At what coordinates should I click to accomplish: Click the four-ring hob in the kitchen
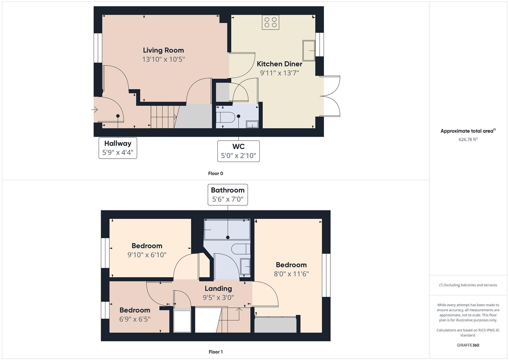(270, 22)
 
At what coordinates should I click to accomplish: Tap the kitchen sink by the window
(309, 51)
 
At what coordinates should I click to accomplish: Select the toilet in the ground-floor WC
(225, 117)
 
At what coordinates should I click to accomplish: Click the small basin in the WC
(252, 124)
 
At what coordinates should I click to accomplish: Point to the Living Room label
(163, 50)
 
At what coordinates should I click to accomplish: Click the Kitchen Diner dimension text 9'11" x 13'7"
(279, 73)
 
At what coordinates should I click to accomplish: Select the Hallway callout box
(118, 148)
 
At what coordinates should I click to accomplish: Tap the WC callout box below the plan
(238, 151)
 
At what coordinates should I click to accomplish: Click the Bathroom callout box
(228, 195)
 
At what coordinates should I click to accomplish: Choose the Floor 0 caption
(216, 173)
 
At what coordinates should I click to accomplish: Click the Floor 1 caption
(216, 352)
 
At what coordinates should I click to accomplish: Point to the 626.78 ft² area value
(468, 139)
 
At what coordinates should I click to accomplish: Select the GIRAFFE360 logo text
(468, 345)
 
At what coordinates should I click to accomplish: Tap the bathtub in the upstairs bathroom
(227, 229)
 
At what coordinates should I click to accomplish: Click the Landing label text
(218, 288)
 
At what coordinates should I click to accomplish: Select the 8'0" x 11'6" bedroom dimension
(291, 274)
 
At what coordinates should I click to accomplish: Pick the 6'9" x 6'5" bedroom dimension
(135, 319)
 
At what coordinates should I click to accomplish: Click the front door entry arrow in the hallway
(95, 110)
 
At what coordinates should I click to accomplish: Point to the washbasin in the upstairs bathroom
(245, 267)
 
